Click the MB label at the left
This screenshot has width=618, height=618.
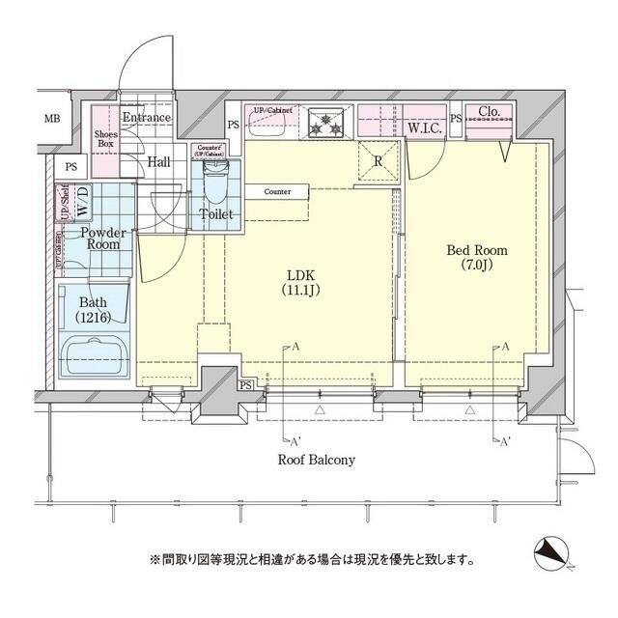click(x=50, y=120)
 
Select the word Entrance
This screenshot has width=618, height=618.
click(x=146, y=118)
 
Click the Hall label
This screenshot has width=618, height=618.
click(x=159, y=161)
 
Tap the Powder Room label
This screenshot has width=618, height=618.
click(x=100, y=239)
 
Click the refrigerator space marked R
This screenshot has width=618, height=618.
click(x=378, y=161)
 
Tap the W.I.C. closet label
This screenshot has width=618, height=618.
click(x=425, y=126)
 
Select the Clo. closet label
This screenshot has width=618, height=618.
click(x=490, y=112)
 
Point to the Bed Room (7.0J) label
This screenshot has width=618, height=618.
click(x=475, y=258)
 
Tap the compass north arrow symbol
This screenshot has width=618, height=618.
click(x=553, y=553)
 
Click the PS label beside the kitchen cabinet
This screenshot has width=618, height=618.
click(x=234, y=125)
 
